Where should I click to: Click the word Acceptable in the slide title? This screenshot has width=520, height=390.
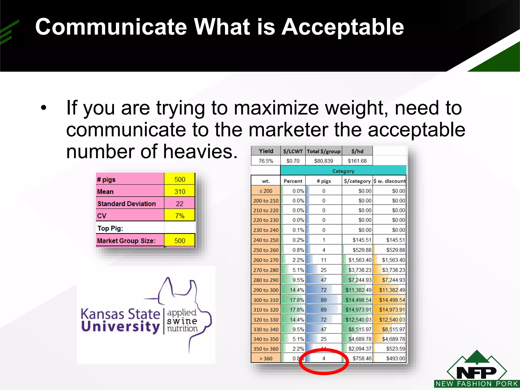click(x=343, y=27)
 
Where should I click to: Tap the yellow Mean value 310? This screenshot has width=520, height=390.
click(x=180, y=191)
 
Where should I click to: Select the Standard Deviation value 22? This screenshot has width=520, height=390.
click(x=180, y=204)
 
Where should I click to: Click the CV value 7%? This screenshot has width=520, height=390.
click(x=180, y=216)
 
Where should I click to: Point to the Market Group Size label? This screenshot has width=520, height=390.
click(x=126, y=241)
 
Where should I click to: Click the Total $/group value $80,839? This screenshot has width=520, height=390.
click(x=323, y=161)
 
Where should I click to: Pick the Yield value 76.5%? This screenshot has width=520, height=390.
click(x=266, y=161)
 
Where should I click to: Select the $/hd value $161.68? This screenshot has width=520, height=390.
click(x=357, y=161)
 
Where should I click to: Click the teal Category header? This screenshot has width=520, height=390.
click(x=343, y=171)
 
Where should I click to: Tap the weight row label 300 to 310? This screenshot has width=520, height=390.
click(x=266, y=300)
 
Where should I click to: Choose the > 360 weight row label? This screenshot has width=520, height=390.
click(x=266, y=359)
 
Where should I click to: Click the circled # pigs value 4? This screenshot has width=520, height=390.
click(x=324, y=359)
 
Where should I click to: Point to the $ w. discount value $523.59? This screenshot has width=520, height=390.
click(x=395, y=349)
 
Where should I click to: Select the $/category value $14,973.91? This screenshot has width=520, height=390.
click(x=358, y=310)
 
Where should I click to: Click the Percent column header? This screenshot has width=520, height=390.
click(x=293, y=181)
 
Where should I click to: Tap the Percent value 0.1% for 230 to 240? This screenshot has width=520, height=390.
click(x=298, y=230)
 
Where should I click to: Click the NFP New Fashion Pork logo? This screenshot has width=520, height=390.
click(x=477, y=371)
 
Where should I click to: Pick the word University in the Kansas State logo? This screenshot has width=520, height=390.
click(x=120, y=327)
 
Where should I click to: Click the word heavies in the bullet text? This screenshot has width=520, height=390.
click(x=200, y=152)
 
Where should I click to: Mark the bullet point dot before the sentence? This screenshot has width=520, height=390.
click(x=44, y=108)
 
